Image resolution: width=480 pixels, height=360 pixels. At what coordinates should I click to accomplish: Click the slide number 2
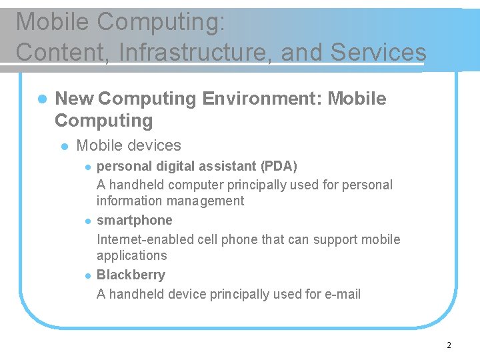[449, 345]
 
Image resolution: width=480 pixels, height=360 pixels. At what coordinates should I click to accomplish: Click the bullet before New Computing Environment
[41, 99]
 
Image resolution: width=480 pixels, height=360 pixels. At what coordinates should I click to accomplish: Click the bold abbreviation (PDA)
[279, 165]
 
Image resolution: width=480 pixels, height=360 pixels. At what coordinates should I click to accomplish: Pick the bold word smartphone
[135, 220]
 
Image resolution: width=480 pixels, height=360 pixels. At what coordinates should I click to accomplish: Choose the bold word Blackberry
[131, 275]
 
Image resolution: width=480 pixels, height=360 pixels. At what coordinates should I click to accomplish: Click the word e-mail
[341, 294]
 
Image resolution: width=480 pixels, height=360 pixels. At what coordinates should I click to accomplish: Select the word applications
[132, 255]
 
